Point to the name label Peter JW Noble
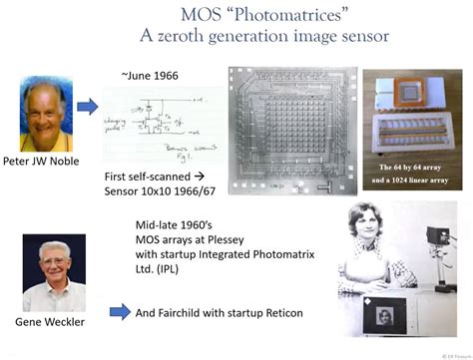[x=49, y=162]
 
